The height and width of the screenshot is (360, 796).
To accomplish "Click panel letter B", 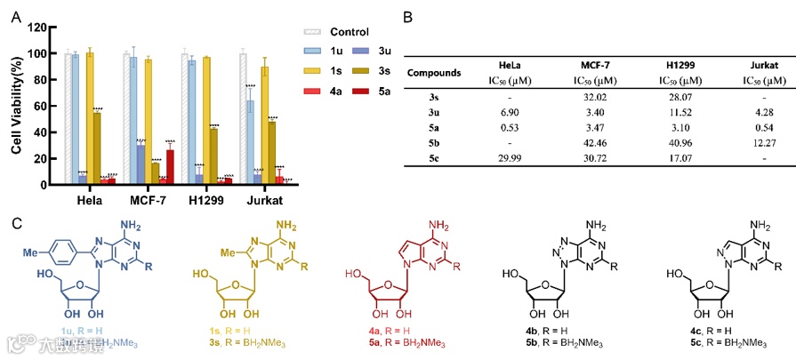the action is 408,17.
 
